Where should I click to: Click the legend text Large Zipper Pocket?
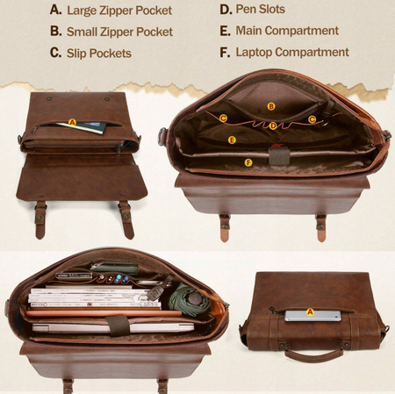pos(119,11)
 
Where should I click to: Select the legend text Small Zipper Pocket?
pos(119,32)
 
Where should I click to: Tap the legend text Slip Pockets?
pos(99,54)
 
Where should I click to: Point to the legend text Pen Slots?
pos(261,9)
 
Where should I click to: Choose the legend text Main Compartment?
pos(287,31)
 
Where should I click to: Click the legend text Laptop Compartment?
pos(292,53)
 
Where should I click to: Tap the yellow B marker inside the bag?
pos(271,106)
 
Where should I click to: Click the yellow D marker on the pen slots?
pos(273,125)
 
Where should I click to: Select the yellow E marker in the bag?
pos(232,140)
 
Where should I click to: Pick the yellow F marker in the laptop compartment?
pos(248,162)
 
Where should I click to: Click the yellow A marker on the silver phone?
pos(310,312)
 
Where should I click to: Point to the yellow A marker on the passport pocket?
pos(72,123)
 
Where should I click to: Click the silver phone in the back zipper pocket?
pos(313,316)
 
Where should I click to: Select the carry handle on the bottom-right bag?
pos(313,355)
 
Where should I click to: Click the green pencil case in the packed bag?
pos(115,268)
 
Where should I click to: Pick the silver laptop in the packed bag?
pos(113,328)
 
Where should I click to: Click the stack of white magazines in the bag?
pos(94,297)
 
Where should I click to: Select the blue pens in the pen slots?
pos(121,279)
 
